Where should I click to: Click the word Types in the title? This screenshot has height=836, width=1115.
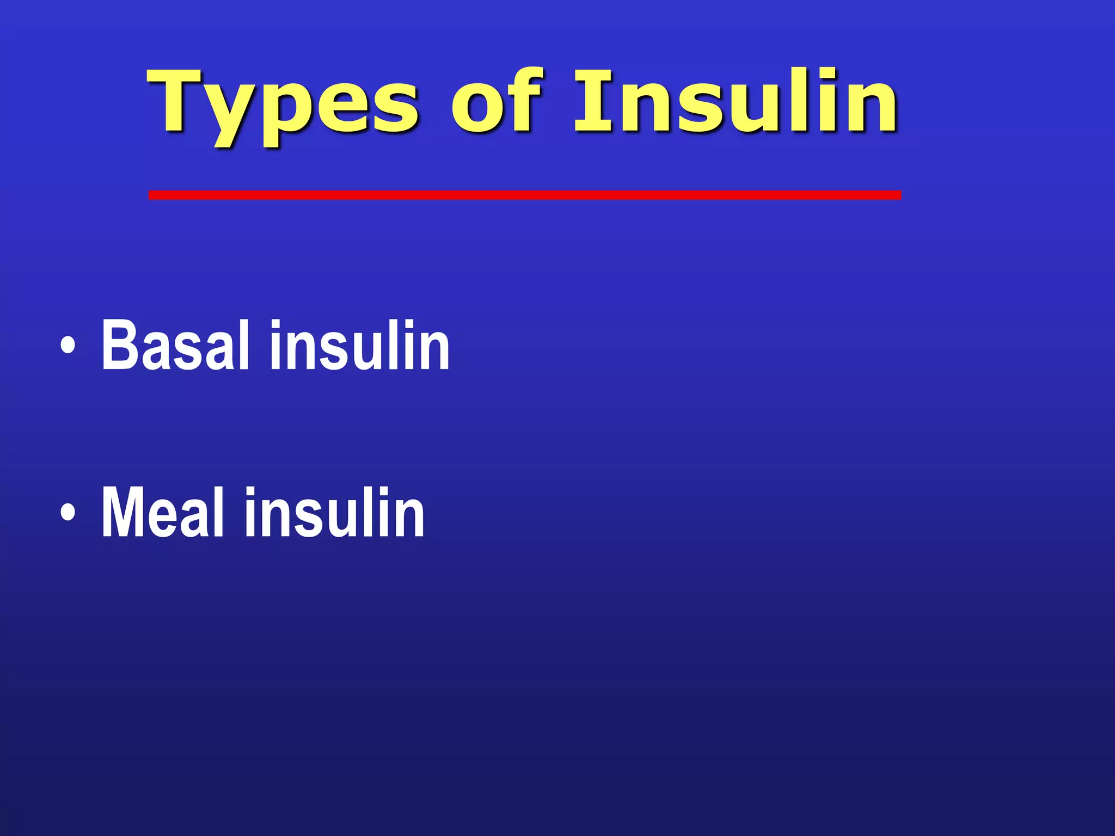point(283,103)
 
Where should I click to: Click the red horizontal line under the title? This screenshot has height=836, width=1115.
point(525,195)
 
